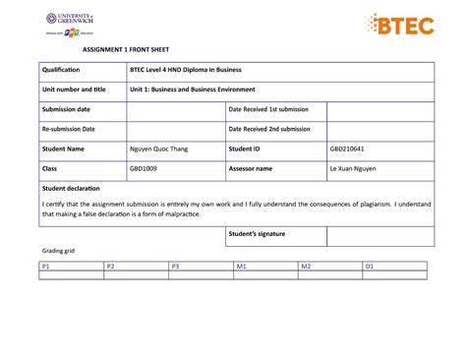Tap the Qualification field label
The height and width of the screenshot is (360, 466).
coord(60,70)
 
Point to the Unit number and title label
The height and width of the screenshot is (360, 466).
coord(74,90)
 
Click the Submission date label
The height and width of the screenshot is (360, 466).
coord(66,109)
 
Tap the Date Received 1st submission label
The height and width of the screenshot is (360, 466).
coord(268,109)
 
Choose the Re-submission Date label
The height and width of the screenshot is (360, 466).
coord(69,129)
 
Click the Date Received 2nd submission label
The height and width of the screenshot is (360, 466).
coord(269,129)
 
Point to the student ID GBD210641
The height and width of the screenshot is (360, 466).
coord(347,149)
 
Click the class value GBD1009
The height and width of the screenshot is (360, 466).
coord(144,168)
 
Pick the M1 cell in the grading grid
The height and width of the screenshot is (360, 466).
coord(241,266)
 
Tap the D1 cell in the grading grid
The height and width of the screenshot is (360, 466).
coord(371,266)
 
